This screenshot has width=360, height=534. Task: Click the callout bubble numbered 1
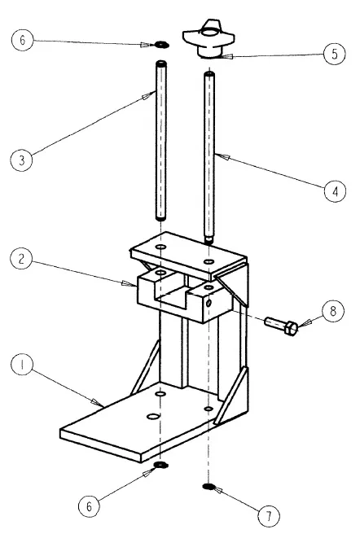(x=22, y=365)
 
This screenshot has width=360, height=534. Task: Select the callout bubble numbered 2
(x=21, y=259)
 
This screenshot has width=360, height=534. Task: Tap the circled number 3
(x=22, y=160)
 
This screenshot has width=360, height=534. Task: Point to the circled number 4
(x=335, y=191)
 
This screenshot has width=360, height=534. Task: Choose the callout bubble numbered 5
(x=335, y=54)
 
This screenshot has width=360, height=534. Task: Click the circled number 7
(x=269, y=516)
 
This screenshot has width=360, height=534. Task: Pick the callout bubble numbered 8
(x=333, y=311)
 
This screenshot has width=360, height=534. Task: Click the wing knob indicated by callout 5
(x=209, y=39)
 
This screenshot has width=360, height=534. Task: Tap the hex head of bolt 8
(x=291, y=328)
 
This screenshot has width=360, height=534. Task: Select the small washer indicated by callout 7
(x=208, y=487)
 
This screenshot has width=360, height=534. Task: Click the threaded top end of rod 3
(x=161, y=64)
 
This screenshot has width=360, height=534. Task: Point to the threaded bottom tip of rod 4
(x=209, y=240)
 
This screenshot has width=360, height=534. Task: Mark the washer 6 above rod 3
(x=160, y=44)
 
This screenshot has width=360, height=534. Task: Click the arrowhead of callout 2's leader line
(x=129, y=283)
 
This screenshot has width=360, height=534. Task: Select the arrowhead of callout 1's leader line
(x=98, y=403)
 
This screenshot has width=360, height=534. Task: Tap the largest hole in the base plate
(x=153, y=416)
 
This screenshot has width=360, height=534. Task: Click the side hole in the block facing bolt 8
(x=209, y=303)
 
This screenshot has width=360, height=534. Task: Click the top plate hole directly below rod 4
(x=209, y=261)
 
